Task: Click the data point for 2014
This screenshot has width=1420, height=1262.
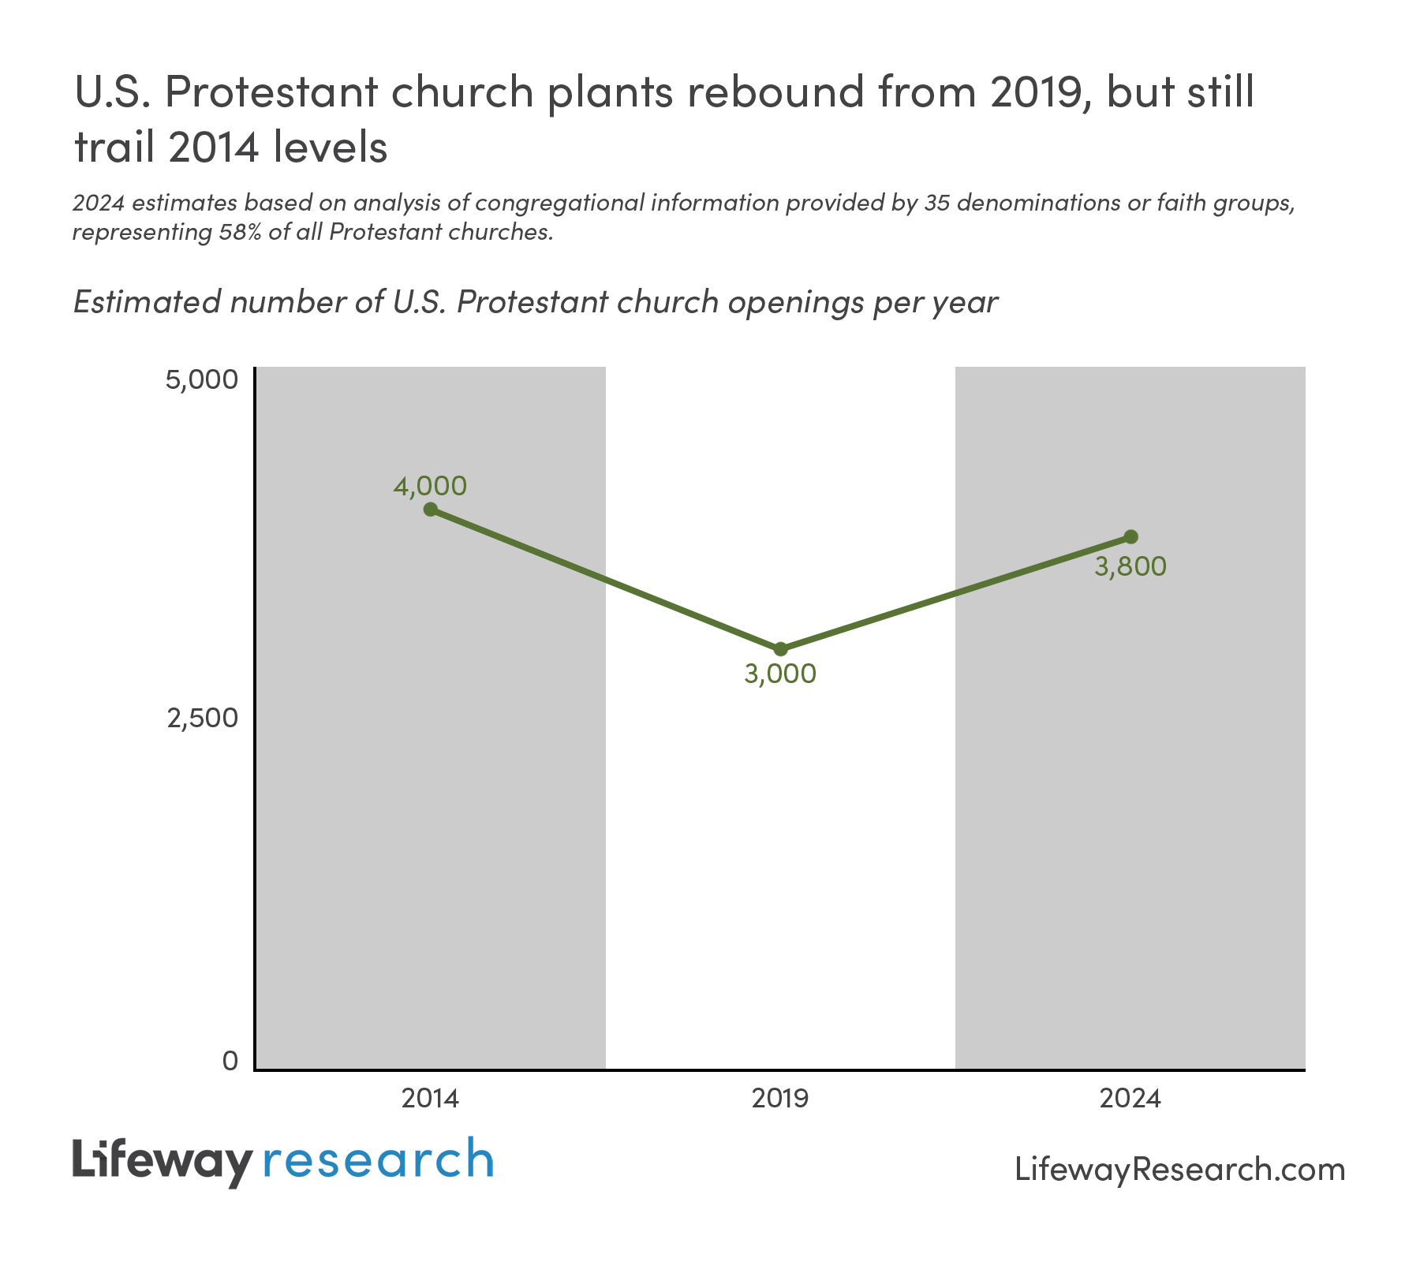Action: click(430, 509)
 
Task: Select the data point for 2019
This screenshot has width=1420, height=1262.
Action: click(780, 649)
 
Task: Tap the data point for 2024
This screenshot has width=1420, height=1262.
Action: click(1130, 536)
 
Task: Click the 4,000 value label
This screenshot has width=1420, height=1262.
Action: click(430, 486)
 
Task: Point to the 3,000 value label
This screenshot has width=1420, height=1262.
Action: click(780, 674)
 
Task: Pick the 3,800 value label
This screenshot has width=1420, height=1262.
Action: click(1130, 566)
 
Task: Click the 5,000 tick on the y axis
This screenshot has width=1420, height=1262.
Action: click(201, 380)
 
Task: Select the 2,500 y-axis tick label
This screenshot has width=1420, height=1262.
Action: click(201, 719)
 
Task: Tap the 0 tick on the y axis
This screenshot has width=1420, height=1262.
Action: click(230, 1061)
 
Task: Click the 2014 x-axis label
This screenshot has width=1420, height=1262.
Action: click(430, 1098)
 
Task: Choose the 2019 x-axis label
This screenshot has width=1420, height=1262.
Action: click(780, 1098)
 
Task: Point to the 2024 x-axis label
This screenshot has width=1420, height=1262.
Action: click(1130, 1098)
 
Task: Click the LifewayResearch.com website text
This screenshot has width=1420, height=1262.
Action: click(1179, 1169)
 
